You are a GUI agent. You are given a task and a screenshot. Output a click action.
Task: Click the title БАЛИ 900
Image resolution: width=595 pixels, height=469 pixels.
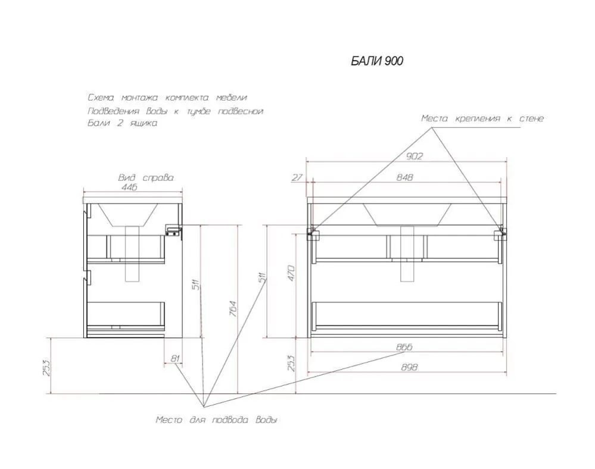377,61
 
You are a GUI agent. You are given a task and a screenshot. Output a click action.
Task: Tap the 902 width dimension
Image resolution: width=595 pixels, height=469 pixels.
415,156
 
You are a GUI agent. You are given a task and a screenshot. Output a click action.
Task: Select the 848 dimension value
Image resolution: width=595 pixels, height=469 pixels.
404,177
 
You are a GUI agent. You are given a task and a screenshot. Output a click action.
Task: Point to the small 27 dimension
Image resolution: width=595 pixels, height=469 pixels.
298,177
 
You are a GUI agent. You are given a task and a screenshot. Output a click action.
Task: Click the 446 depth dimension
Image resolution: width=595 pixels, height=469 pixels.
129,187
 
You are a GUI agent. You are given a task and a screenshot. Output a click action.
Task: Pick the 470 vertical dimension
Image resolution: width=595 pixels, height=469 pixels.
291,273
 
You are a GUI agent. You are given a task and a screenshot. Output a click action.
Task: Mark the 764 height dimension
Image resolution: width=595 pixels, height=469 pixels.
232,309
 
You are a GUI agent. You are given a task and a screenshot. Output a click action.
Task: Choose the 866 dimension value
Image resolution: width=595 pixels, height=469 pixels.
404,347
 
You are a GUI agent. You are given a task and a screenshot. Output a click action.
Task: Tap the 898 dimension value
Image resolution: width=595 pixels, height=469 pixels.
409,367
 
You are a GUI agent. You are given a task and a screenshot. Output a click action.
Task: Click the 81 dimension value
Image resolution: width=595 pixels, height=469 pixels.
175,358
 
